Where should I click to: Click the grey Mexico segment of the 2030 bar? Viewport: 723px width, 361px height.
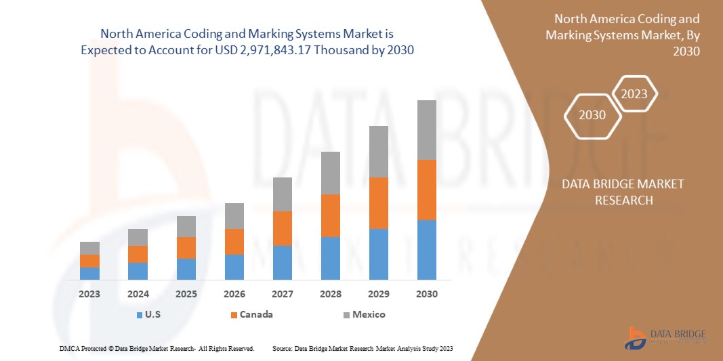pyautogui.click(x=426, y=130)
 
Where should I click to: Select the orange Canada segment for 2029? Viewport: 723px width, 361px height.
pyautogui.click(x=378, y=203)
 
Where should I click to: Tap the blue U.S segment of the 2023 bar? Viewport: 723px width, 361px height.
pyautogui.click(x=89, y=273)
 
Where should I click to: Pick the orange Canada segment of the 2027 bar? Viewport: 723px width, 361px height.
pyautogui.click(x=283, y=228)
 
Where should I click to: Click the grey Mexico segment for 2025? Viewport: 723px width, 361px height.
pyautogui.click(x=186, y=226)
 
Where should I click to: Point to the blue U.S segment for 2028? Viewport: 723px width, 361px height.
pyautogui.click(x=330, y=258)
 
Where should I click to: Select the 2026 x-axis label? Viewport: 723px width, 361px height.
pyautogui.click(x=234, y=294)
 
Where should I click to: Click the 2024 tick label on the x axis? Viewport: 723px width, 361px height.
pyautogui.click(x=138, y=294)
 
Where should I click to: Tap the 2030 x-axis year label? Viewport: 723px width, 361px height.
pyautogui.click(x=427, y=294)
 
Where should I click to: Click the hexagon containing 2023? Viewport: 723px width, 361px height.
pyautogui.click(x=634, y=94)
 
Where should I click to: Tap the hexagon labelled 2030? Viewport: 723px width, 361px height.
pyautogui.click(x=592, y=115)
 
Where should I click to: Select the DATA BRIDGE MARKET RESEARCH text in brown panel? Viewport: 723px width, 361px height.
pyautogui.click(x=623, y=192)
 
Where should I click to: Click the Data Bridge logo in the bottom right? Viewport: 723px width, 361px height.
pyautogui.click(x=666, y=337)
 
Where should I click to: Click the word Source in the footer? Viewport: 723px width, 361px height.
pyautogui.click(x=282, y=348)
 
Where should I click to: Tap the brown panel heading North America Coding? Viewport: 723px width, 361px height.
pyautogui.click(x=627, y=19)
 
